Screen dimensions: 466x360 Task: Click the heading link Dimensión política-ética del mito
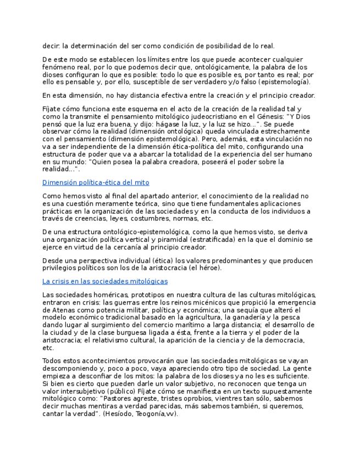point(96,182)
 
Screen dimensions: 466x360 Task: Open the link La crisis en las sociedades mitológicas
point(105,281)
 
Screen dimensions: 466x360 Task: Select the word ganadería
point(246,318)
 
